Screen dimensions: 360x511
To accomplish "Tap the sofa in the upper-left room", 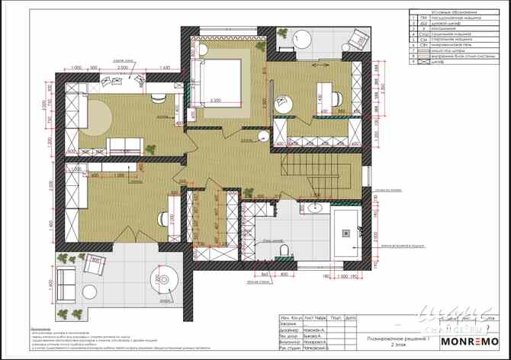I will tap(127, 145).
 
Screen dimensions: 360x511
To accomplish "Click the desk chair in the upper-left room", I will tap(157, 98).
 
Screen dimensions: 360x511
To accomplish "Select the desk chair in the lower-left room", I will tap(162, 217).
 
